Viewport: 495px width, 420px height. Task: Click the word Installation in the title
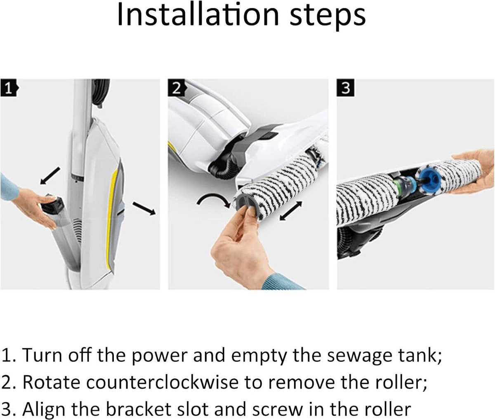click(198, 15)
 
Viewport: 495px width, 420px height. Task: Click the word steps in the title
click(328, 17)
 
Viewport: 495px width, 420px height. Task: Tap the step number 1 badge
click(9, 88)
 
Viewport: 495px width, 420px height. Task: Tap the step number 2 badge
click(177, 88)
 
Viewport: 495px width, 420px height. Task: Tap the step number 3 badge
click(346, 88)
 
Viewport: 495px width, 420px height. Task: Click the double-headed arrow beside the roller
click(290, 210)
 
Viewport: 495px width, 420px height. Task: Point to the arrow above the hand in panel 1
click(49, 176)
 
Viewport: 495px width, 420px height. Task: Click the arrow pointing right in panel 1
click(144, 208)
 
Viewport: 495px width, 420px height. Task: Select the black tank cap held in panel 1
click(53, 204)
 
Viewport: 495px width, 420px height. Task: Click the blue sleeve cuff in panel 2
click(285, 282)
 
